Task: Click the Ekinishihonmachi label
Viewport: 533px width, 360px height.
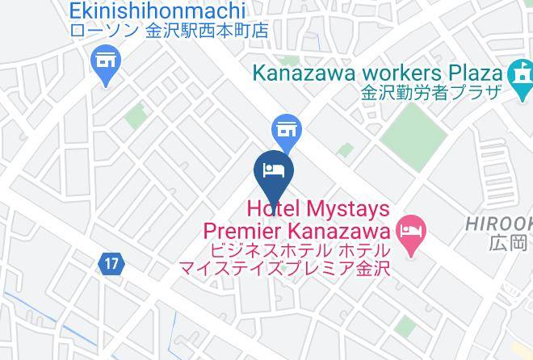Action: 157,10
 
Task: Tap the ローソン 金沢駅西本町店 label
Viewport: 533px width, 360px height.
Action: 169,31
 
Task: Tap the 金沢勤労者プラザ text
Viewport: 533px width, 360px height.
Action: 434,91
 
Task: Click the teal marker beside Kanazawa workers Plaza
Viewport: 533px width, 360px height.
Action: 517,73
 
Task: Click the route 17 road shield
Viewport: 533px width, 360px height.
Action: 111,263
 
